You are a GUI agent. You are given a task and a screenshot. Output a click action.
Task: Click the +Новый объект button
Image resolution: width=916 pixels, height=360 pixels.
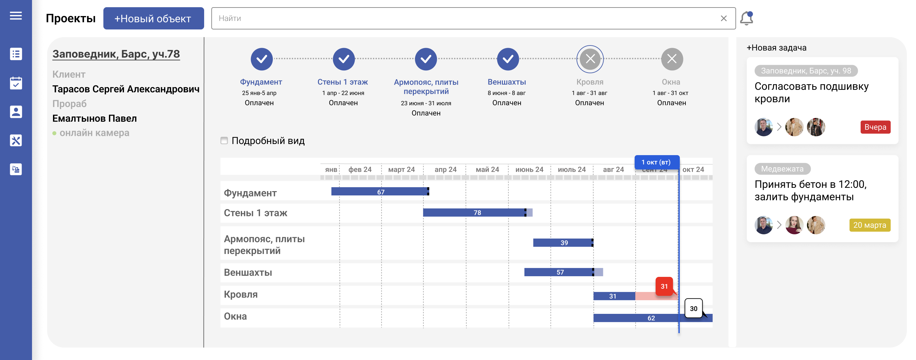point(153,19)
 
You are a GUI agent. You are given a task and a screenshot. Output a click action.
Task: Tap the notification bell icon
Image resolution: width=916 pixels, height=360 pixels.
point(747,18)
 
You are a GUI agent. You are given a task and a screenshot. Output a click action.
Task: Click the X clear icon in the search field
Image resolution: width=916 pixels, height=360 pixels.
point(723,19)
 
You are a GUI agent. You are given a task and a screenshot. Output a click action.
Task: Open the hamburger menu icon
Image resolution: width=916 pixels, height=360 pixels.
point(16,16)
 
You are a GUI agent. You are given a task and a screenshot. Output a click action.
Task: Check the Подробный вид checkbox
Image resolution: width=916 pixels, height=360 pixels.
point(224,140)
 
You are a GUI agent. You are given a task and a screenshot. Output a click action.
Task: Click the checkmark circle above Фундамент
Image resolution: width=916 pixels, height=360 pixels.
point(261,59)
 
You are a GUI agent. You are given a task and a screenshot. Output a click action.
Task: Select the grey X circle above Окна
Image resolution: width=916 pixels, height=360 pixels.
point(671,59)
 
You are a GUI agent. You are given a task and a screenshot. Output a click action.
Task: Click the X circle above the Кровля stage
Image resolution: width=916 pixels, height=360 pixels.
point(590,59)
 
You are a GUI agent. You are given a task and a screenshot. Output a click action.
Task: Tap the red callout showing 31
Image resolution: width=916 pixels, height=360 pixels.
point(664,286)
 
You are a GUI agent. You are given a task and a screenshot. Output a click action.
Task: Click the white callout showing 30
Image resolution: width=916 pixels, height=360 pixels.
point(694,308)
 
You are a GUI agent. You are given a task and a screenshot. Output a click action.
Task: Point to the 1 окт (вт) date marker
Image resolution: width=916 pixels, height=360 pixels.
point(657,162)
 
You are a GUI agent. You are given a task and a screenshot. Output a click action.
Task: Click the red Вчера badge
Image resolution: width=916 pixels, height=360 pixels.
point(875,127)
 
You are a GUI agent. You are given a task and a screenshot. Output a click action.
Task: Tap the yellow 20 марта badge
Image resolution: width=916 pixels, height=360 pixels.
point(870,225)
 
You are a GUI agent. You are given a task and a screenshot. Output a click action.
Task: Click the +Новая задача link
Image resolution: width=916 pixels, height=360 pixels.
point(776,48)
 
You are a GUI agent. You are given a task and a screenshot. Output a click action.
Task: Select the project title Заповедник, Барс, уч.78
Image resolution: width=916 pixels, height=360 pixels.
point(116,54)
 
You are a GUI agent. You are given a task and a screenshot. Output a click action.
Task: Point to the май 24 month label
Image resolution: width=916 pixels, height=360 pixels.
point(487,170)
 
